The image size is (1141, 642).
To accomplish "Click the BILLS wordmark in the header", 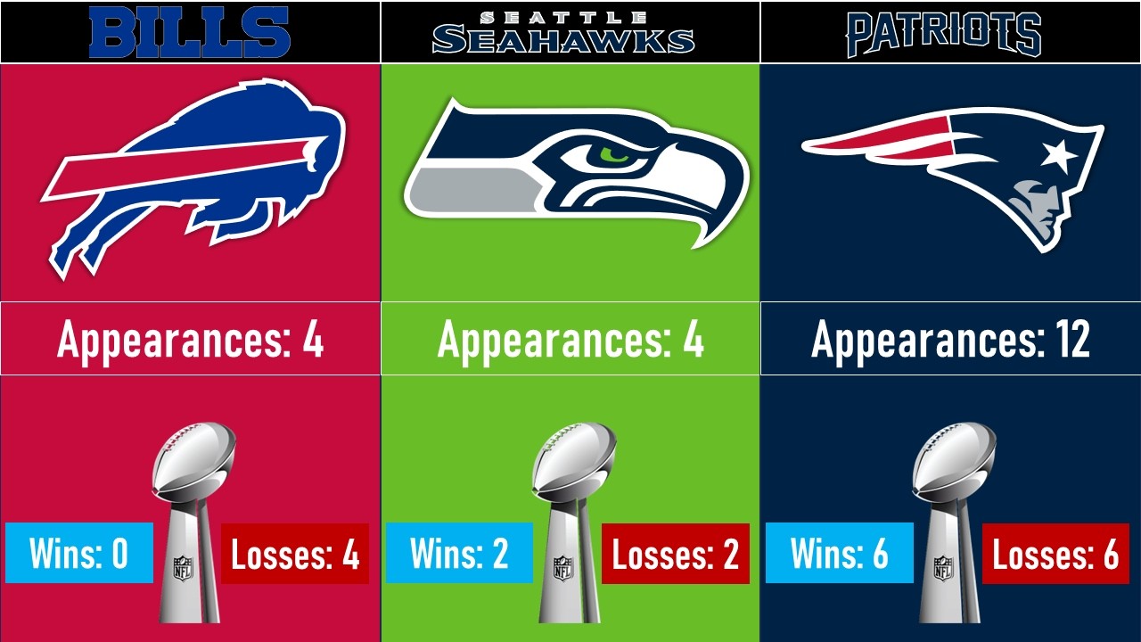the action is [x=190, y=31].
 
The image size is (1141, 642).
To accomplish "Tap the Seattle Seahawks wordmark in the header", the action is [x=563, y=33].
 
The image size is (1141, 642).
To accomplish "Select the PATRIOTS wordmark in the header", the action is [x=944, y=34].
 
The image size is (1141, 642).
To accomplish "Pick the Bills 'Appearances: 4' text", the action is [x=190, y=340].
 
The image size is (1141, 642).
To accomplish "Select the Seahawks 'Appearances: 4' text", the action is [x=570, y=340].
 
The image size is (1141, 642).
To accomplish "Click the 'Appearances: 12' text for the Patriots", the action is [x=950, y=340].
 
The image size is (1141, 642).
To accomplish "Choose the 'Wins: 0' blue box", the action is [x=79, y=553].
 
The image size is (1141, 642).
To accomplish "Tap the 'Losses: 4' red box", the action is [x=295, y=554].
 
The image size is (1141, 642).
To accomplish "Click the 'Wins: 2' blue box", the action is [x=459, y=553].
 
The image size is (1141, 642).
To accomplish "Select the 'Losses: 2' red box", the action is [x=676, y=554].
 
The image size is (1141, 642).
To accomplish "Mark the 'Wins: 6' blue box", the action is [x=840, y=553].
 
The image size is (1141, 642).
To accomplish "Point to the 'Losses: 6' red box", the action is [x=1055, y=554].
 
